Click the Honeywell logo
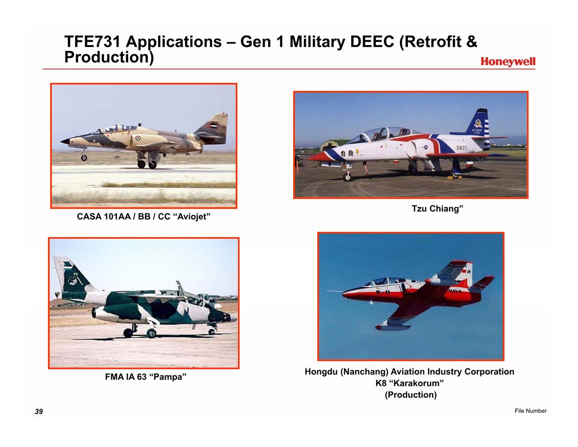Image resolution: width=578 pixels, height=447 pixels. pyautogui.click(x=507, y=62)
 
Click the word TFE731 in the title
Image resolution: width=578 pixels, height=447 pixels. pyautogui.click(x=93, y=42)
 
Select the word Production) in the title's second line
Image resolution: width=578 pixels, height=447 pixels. pyautogui.click(x=109, y=57)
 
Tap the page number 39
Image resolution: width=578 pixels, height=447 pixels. pyautogui.click(x=39, y=411)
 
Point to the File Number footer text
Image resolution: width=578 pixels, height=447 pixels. pyautogui.click(x=530, y=411)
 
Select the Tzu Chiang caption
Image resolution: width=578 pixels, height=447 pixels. pyautogui.click(x=437, y=208)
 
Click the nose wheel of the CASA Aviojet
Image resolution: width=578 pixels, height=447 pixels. pyautogui.click(x=84, y=158)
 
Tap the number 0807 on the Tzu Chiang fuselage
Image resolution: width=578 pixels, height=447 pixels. pyautogui.click(x=461, y=148)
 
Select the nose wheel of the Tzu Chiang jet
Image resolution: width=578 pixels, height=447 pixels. pyautogui.click(x=347, y=177)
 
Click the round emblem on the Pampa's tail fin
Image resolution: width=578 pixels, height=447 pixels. pyautogui.click(x=72, y=281)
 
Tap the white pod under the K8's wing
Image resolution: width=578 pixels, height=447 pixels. pyautogui.click(x=393, y=326)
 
